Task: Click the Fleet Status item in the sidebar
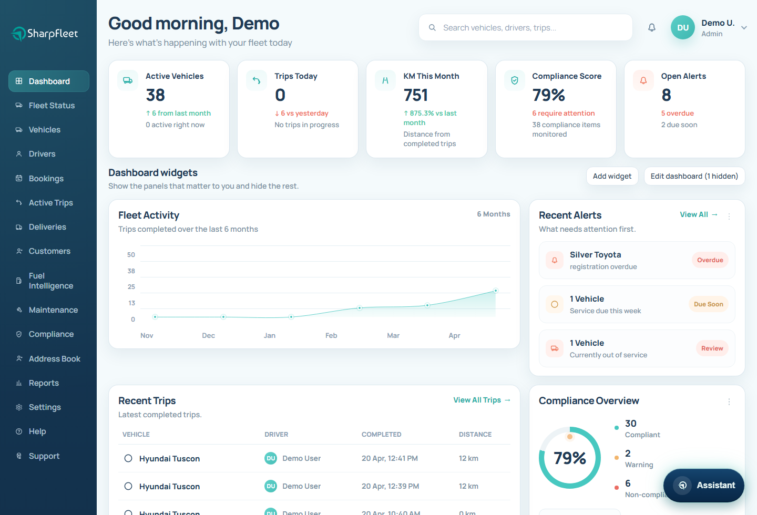[x=52, y=106]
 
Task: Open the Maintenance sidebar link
[x=53, y=310]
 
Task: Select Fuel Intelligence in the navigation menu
[x=50, y=281]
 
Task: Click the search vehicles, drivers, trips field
[x=526, y=27]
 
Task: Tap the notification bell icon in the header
[x=652, y=27]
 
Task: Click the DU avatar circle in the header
[x=682, y=28]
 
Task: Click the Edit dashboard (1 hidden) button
[x=694, y=176]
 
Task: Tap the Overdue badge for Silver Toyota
[x=710, y=260]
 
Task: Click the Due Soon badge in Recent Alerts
[x=708, y=304]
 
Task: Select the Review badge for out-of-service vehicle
[x=712, y=348]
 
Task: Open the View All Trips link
[x=482, y=400]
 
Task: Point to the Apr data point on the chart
[x=495, y=291]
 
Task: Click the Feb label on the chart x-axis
[x=331, y=335]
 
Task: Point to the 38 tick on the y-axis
[x=131, y=271]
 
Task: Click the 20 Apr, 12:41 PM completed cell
[x=390, y=458]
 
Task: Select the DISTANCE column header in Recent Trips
[x=475, y=435]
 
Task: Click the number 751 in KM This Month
[x=416, y=95]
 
